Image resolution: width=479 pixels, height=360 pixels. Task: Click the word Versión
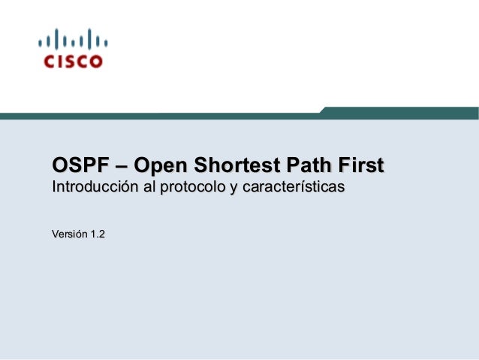(x=68, y=235)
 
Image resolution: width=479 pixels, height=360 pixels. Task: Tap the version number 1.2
(x=98, y=235)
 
